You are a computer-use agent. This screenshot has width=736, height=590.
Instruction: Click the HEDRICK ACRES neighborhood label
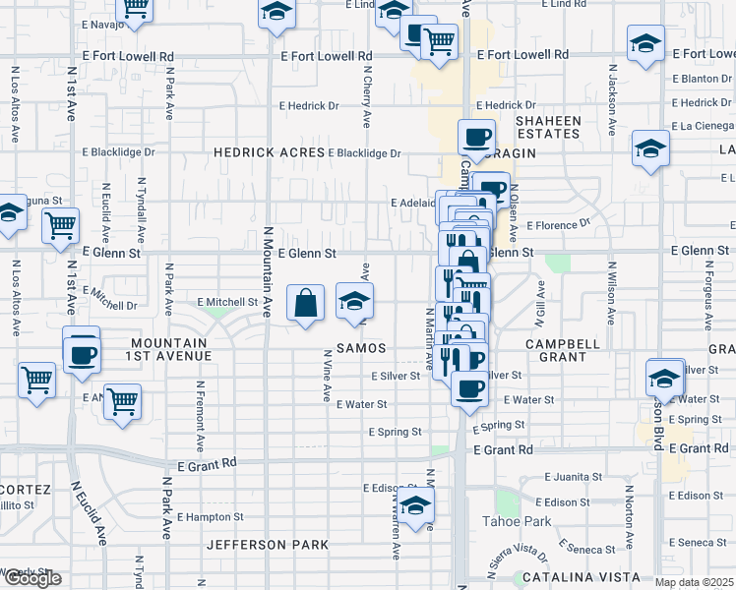click(270, 152)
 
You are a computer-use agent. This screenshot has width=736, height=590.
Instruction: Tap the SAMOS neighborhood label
click(360, 348)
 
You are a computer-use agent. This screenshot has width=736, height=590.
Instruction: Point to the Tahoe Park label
click(517, 521)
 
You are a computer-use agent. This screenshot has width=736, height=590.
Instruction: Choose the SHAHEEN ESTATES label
click(549, 127)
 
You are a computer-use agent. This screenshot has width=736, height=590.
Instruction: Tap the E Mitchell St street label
click(226, 302)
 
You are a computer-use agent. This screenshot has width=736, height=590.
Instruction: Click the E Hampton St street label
click(210, 516)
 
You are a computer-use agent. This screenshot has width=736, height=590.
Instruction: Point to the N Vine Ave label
click(326, 375)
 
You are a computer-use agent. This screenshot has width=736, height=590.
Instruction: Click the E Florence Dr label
click(558, 224)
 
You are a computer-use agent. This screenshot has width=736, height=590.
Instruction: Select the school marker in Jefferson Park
click(415, 508)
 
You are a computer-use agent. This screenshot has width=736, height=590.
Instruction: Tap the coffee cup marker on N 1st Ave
click(82, 353)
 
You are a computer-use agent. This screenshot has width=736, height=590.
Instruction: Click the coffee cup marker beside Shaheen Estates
click(477, 138)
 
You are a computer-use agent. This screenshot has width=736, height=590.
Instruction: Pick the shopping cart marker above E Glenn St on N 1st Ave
click(61, 225)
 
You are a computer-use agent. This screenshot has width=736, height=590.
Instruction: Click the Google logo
click(31, 579)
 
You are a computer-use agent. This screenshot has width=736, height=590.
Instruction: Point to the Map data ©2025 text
click(693, 582)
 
